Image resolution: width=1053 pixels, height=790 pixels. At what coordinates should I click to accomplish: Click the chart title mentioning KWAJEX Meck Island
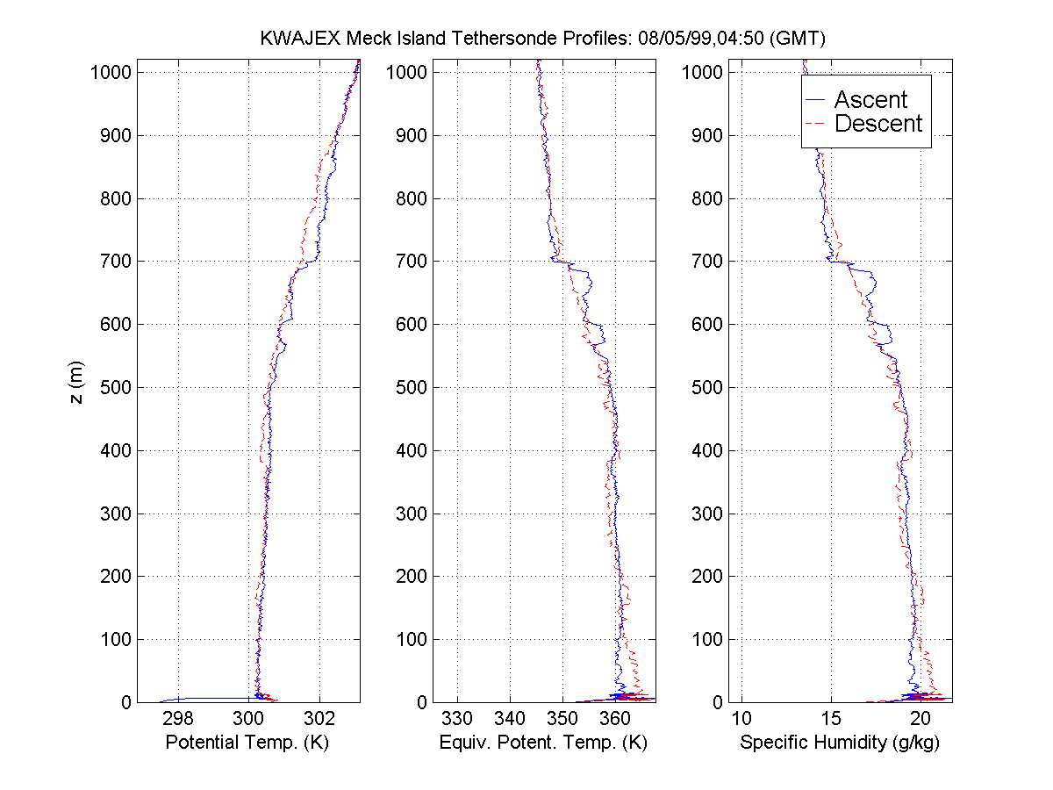pos(543,39)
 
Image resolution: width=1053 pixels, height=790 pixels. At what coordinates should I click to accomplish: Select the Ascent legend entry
pos(870,99)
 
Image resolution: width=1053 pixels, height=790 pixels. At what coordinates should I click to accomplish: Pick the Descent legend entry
pos(877,124)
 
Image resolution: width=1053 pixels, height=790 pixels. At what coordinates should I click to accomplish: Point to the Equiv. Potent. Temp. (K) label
pos(541,743)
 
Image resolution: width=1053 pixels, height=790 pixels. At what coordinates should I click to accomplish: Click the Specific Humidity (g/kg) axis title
pos(840,743)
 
